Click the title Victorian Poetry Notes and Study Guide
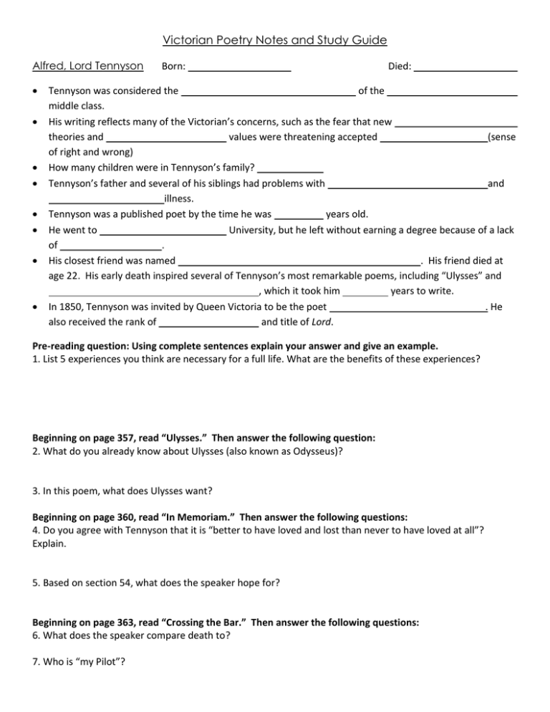(x=275, y=39)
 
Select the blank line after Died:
(x=466, y=68)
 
